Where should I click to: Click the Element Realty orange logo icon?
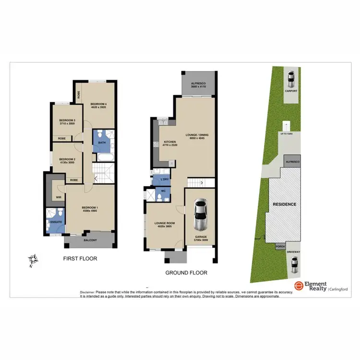click(299, 286)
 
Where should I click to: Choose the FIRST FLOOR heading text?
click(81, 259)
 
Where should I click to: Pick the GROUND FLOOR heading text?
click(186, 273)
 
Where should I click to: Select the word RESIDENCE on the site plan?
click(285, 204)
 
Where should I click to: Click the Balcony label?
click(90, 240)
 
